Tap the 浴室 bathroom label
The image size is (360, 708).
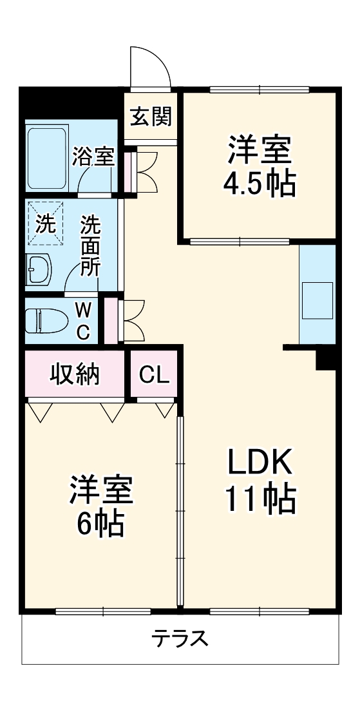(93, 157)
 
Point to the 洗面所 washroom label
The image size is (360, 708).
(90, 246)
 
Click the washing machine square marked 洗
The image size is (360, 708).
(45, 224)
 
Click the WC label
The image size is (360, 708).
(84, 321)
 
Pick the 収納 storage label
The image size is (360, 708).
(75, 374)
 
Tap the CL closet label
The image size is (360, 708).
(155, 374)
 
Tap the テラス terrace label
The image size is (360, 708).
(180, 638)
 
